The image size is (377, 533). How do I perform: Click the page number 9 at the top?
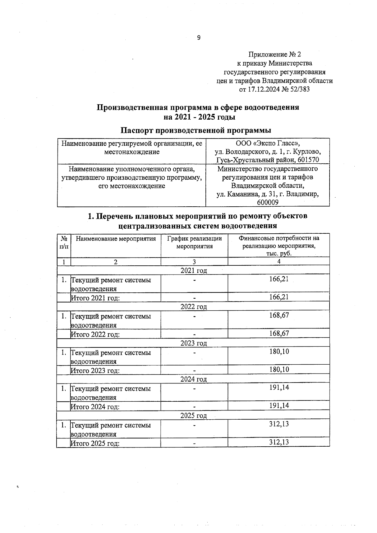[199, 38]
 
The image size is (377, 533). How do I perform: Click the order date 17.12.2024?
[262, 89]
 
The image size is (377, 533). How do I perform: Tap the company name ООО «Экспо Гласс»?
[268, 144]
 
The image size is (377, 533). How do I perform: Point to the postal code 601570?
[308, 160]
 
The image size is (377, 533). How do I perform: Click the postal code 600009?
[268, 203]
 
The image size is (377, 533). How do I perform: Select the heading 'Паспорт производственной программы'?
[196, 130]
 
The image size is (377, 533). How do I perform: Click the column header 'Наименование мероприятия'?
[116, 239]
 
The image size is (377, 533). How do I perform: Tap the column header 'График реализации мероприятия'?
[194, 242]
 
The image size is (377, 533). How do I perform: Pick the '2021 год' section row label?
[194, 270]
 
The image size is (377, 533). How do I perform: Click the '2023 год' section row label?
[194, 343]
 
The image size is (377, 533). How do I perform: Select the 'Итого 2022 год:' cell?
[96, 334]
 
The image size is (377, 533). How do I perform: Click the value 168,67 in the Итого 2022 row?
[279, 333]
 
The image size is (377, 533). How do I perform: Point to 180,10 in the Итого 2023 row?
[279, 369]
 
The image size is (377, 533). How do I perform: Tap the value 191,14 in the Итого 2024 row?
[279, 405]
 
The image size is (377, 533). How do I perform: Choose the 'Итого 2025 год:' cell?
[96, 443]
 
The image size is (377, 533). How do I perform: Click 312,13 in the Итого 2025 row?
[279, 442]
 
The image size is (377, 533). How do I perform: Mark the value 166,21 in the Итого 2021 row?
[279, 297]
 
